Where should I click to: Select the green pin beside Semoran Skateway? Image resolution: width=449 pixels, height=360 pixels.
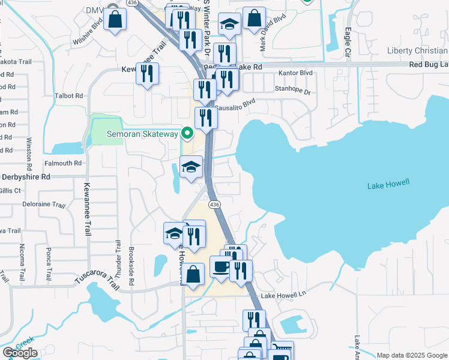coord(187,133)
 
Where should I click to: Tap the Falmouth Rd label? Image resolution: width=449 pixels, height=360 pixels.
coord(62,163)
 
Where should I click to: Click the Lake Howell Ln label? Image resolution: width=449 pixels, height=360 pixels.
coord(283,295)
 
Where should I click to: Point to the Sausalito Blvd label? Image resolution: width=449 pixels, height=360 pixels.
coord(235,104)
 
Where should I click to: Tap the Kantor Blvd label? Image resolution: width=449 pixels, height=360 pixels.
coord(296,73)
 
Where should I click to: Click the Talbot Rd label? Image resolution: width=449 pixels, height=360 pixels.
coord(68,95)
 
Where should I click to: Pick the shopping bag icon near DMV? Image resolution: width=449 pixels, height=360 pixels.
coord(116,19)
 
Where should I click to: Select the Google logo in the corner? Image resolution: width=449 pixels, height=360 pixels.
coord(19,353)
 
